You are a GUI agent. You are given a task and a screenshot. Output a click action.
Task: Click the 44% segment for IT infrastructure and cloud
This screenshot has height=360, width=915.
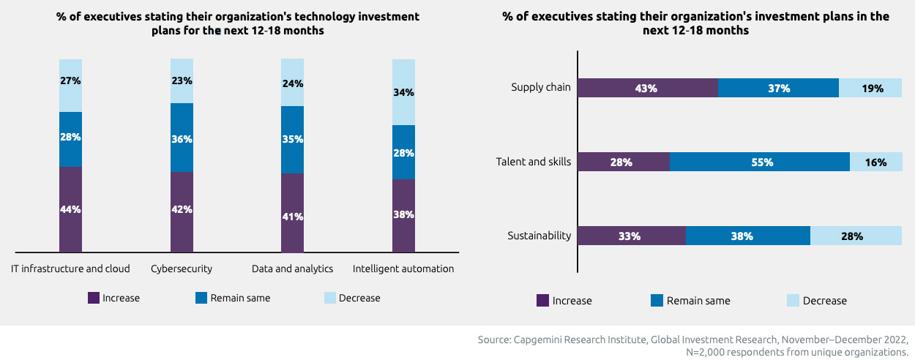click(x=70, y=209)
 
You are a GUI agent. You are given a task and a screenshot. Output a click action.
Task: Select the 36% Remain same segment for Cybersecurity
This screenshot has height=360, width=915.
click(x=182, y=138)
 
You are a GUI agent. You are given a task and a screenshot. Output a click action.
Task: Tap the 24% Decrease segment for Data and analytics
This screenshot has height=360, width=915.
click(x=292, y=83)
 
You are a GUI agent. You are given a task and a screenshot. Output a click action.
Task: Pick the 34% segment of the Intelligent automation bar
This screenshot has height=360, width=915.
click(x=403, y=92)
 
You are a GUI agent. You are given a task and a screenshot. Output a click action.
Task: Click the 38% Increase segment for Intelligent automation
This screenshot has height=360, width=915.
click(x=403, y=214)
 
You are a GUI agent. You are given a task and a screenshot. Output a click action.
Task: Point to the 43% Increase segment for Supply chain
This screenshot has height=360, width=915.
click(x=647, y=88)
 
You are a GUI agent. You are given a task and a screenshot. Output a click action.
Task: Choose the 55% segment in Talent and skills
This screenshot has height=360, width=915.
click(x=759, y=162)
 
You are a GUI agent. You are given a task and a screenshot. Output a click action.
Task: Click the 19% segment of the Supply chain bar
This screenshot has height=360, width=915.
click(x=870, y=88)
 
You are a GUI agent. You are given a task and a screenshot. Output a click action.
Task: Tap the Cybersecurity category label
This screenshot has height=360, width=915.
click(x=182, y=269)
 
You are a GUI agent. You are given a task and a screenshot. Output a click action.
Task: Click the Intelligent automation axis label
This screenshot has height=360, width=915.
click(x=403, y=269)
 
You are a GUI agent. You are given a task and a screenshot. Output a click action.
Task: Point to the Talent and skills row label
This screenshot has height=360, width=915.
click(x=533, y=162)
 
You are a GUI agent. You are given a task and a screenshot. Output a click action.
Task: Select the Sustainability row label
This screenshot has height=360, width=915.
click(x=539, y=236)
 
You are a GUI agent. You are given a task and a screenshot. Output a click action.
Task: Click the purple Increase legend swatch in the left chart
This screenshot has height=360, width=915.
click(x=94, y=298)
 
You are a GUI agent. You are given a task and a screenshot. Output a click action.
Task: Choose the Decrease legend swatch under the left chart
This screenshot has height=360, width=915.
click(x=329, y=298)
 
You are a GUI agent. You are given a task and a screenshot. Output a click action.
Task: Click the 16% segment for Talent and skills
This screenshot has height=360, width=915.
click(x=875, y=162)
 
